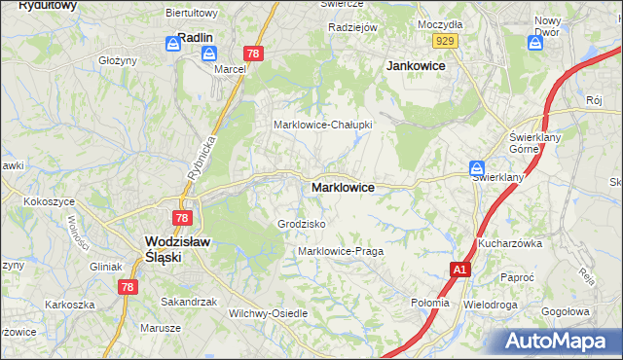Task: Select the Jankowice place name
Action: [x=416, y=65]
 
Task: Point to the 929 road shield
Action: [x=446, y=40]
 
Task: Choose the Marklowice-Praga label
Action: [x=341, y=251]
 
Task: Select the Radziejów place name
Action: [x=352, y=27]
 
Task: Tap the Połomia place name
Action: [x=430, y=303]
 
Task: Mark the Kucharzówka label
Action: [x=509, y=242]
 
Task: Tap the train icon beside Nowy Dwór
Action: [x=535, y=43]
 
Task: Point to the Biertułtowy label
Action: [x=192, y=13]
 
